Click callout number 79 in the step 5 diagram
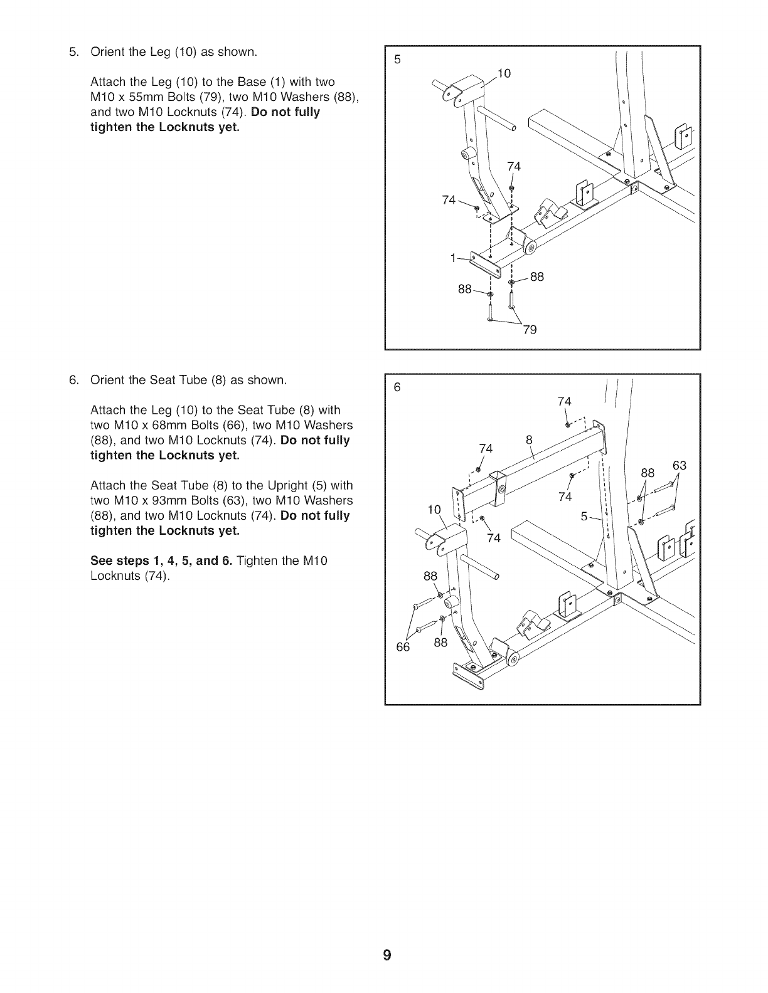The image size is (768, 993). [530, 330]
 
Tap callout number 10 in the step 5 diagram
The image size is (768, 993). [504, 74]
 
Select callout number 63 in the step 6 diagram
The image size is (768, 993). [680, 466]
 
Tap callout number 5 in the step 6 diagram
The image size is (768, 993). [584, 517]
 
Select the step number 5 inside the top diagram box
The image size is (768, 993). [397, 60]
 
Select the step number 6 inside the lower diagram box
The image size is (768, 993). [397, 387]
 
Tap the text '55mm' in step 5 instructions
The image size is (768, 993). [141, 97]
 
